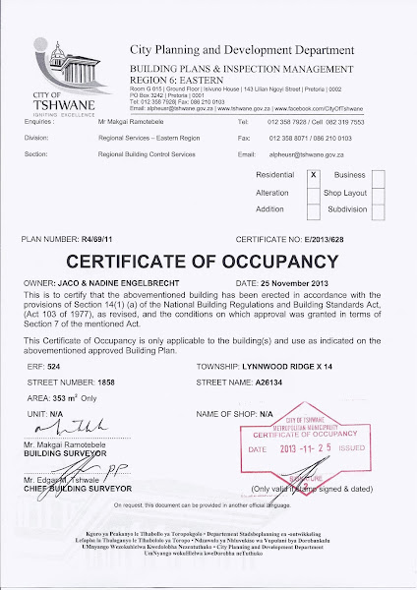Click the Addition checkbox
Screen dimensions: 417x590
[x=314, y=208]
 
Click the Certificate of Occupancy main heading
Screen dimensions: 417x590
[x=208, y=262]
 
